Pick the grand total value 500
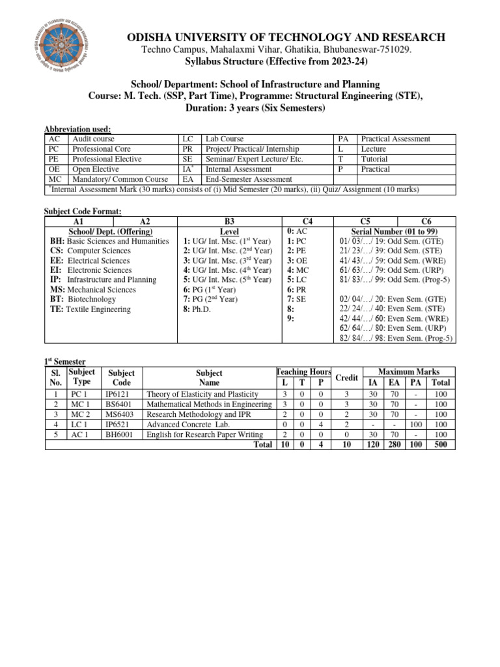441,445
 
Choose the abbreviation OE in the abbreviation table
55,169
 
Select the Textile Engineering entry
90,309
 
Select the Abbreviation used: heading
77,129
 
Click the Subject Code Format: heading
82,211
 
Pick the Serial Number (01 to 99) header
394,231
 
